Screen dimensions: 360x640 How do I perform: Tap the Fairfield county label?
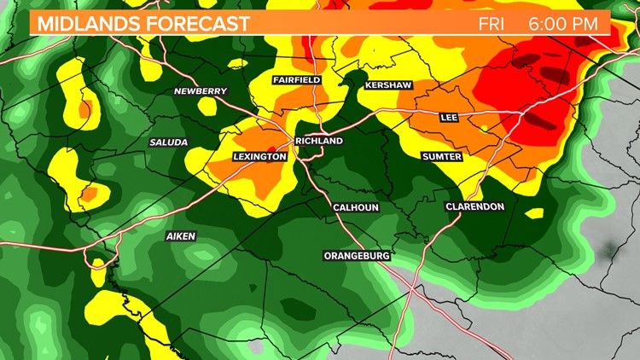point(296,79)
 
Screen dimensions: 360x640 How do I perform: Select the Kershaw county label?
point(388,85)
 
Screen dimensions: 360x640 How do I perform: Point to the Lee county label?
point(449,117)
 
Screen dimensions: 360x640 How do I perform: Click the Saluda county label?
point(168,142)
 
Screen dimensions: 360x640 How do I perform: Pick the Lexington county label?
point(259,157)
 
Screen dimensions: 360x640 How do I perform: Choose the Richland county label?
point(318,141)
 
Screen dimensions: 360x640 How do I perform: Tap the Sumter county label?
point(442,157)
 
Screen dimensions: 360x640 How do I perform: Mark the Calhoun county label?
point(356,207)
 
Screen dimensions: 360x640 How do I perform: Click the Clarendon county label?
point(475,206)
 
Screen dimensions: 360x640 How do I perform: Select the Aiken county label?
point(181,235)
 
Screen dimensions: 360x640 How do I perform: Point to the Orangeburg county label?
point(357,255)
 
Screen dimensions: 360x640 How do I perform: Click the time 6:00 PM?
point(563,23)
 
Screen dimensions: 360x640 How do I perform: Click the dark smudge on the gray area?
point(609,250)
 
